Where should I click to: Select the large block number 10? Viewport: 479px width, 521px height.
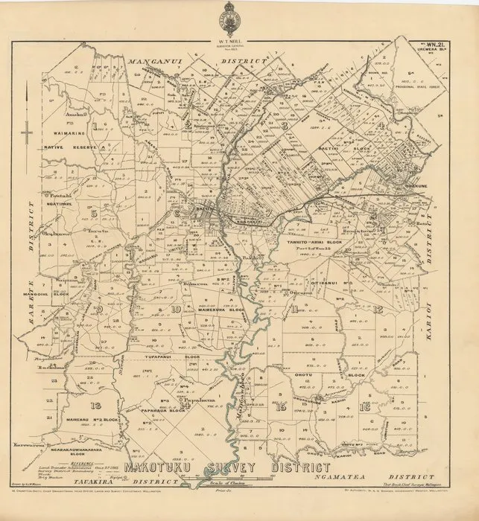[176, 308]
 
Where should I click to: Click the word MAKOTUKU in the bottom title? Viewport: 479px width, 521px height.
[165, 469]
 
